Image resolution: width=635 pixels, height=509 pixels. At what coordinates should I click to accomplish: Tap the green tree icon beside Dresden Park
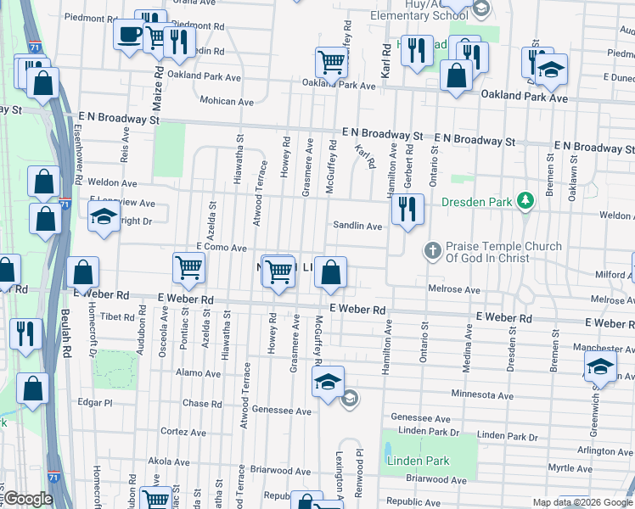point(526,201)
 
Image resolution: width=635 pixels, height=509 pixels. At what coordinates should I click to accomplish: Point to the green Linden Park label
point(417,461)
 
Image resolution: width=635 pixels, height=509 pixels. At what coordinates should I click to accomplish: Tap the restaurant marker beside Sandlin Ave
point(407,210)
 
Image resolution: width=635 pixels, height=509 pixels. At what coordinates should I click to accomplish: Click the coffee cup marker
point(129,35)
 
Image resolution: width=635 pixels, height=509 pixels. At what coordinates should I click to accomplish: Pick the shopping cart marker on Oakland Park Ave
point(331,61)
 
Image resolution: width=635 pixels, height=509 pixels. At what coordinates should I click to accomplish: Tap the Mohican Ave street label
point(227,101)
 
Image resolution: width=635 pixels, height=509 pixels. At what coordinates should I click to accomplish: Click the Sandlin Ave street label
point(357,226)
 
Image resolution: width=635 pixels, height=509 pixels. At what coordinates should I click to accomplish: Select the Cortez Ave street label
point(184,432)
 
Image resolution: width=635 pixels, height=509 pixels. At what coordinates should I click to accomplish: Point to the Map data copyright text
point(582,502)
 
